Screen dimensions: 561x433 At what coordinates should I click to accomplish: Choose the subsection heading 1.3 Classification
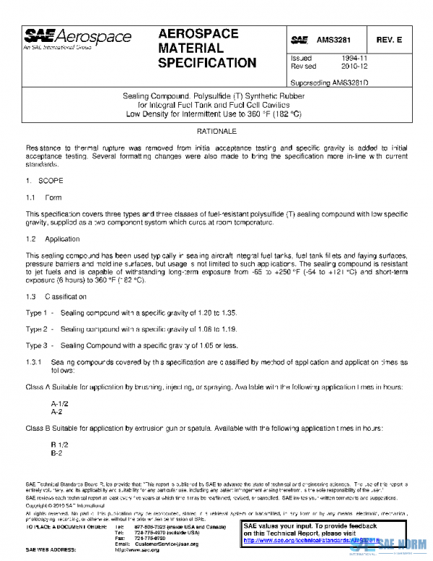56,296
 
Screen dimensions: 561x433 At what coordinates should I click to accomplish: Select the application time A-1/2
59,403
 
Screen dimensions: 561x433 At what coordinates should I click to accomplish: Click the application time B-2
56,453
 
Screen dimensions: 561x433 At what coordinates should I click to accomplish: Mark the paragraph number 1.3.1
35,361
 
